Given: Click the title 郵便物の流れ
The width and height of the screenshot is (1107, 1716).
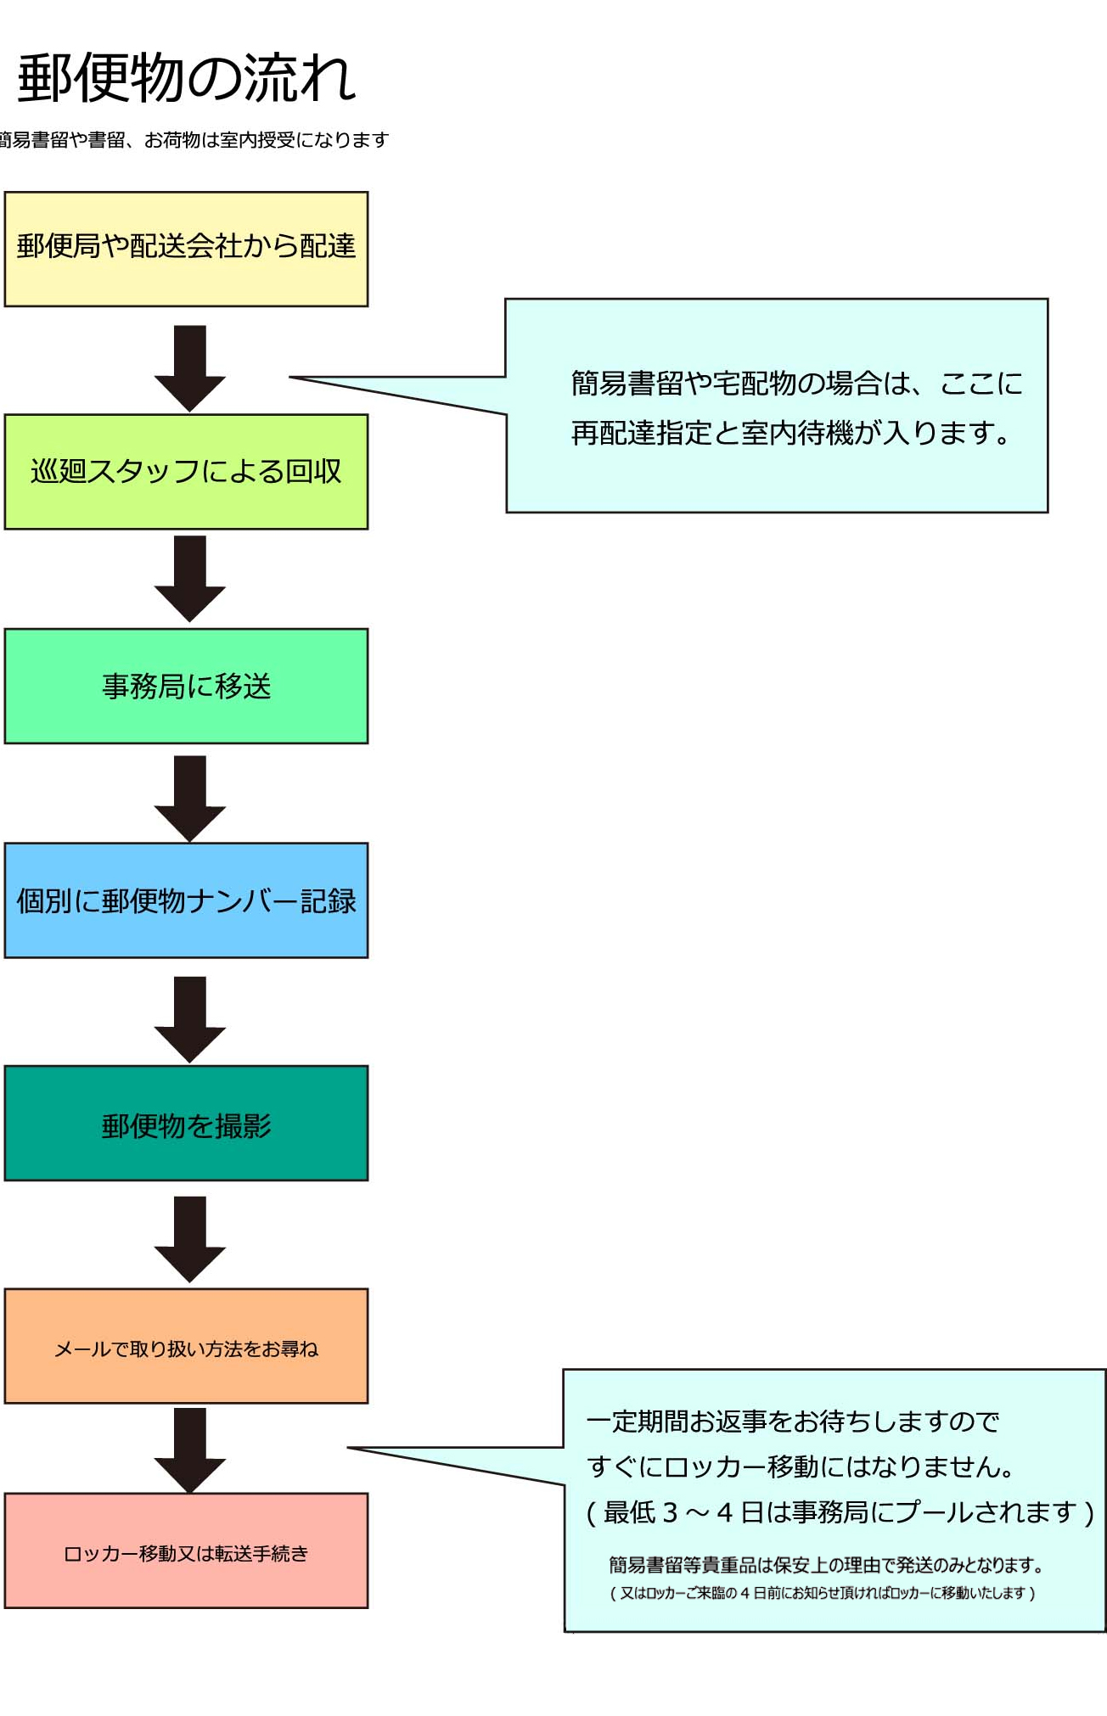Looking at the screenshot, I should click(x=187, y=78).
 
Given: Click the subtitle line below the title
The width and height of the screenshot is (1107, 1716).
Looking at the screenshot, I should click(x=194, y=140).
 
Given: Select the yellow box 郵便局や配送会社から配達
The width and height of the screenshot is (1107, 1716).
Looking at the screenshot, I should click(x=186, y=249).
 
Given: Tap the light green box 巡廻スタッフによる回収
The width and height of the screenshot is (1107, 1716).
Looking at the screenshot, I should click(x=186, y=472).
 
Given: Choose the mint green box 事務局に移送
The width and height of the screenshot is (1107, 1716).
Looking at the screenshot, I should click(x=186, y=686).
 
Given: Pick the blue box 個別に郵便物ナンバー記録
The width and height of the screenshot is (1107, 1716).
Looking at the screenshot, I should click(x=186, y=900).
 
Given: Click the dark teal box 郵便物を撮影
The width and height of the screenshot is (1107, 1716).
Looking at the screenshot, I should click(x=186, y=1124).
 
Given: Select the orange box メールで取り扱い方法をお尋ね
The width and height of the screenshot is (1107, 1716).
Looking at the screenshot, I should click(x=186, y=1346).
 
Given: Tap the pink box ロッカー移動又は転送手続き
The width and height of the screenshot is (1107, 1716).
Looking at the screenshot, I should click(x=186, y=1551).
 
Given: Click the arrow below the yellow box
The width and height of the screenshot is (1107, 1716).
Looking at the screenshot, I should click(x=190, y=367).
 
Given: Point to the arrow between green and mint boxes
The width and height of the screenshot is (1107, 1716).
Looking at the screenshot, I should click(x=190, y=578).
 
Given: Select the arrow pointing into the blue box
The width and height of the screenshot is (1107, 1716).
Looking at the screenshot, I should click(x=190, y=798).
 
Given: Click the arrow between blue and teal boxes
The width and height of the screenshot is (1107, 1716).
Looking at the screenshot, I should click(x=190, y=1018).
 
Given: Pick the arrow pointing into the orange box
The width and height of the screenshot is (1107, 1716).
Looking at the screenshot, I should click(x=190, y=1239).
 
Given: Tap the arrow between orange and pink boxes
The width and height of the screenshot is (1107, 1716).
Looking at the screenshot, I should click(x=190, y=1450).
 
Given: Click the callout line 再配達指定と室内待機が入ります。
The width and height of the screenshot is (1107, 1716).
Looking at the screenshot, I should click(x=790, y=434).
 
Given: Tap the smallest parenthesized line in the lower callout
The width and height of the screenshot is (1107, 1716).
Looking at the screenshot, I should click(x=822, y=1593).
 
